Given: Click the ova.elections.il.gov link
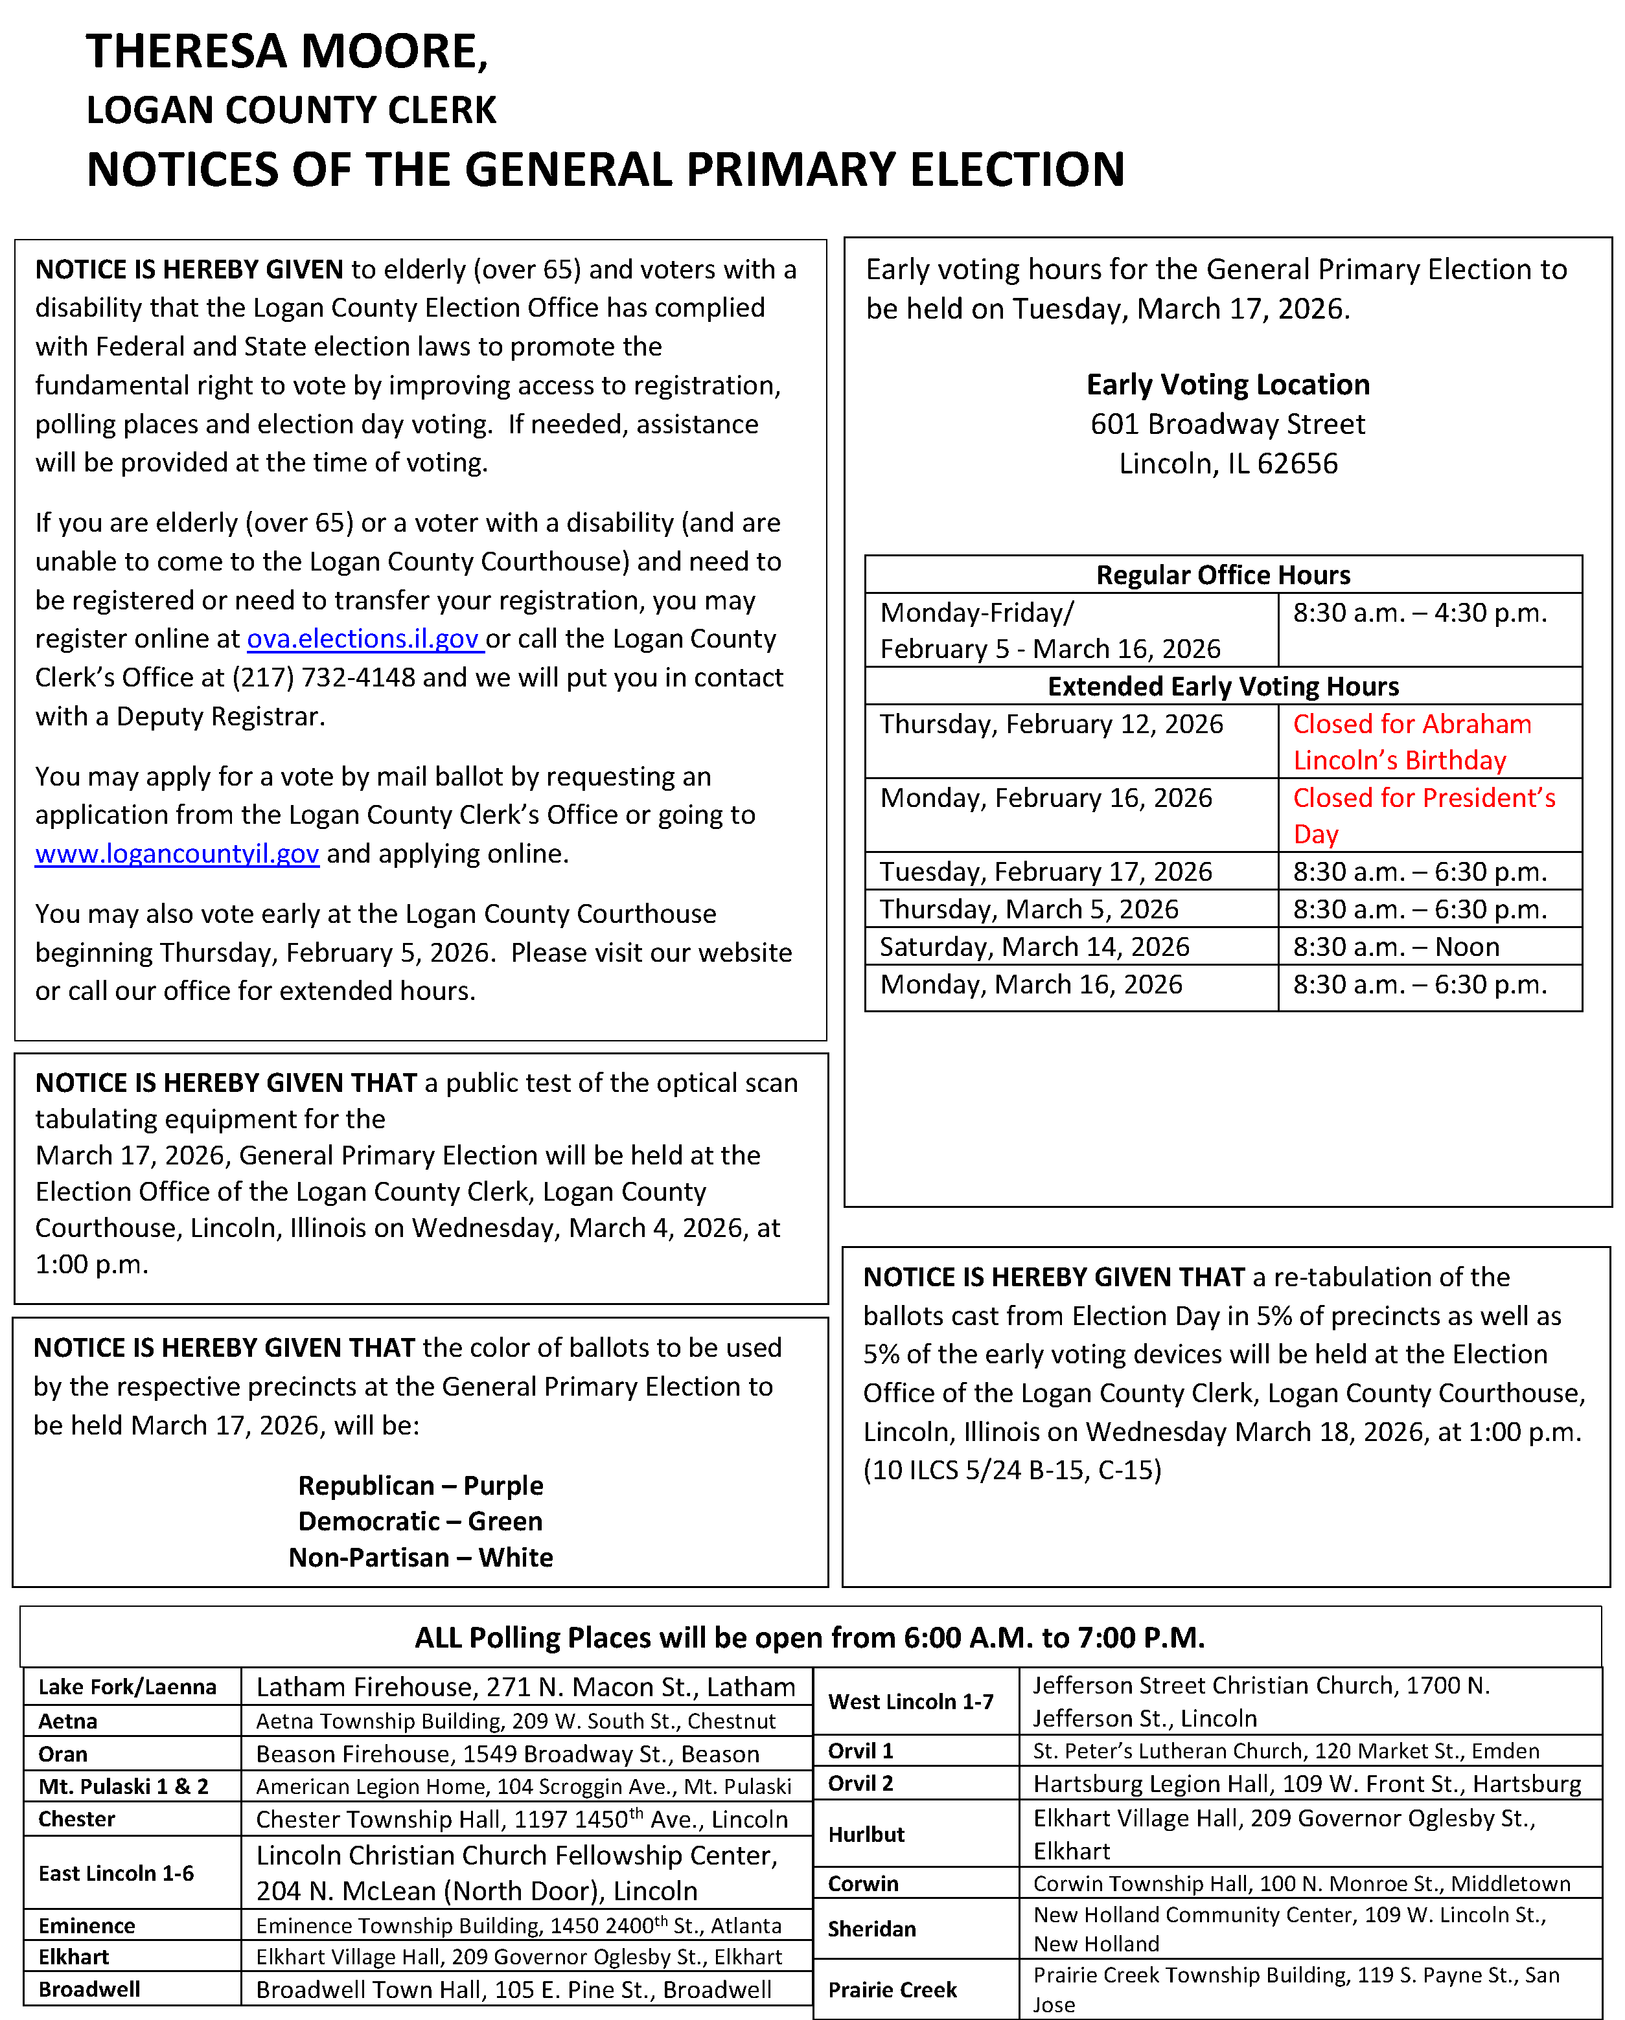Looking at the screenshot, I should click(x=363, y=639).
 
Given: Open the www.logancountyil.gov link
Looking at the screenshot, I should click(x=177, y=854).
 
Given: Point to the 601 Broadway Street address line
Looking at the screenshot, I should click(x=1228, y=424).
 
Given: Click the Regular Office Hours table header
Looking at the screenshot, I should click(x=1223, y=574).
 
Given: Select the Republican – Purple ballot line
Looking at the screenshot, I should click(x=421, y=1486).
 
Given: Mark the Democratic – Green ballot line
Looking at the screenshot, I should click(x=421, y=1521).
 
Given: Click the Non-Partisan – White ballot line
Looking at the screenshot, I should click(x=421, y=1557).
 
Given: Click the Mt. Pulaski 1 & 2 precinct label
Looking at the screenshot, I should click(x=124, y=1787).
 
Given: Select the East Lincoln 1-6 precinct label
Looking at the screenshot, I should click(x=116, y=1873).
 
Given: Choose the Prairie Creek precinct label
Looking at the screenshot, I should click(x=892, y=1989).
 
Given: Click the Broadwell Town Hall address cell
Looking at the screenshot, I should click(x=514, y=1989).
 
